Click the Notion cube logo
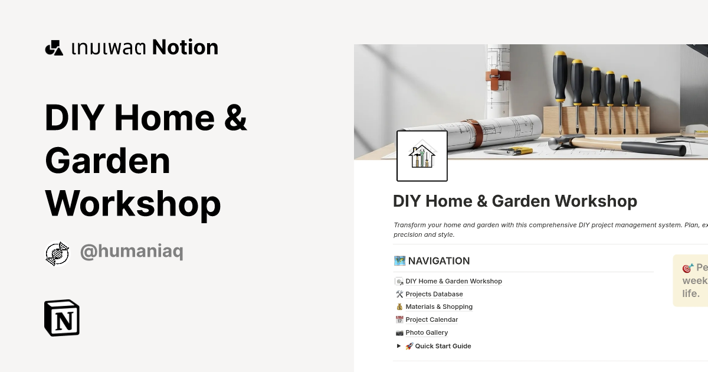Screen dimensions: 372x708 coord(62,318)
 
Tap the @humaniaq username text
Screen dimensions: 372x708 coord(132,252)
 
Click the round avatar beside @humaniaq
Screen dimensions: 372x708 coord(57,253)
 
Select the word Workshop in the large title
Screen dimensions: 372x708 coord(133,203)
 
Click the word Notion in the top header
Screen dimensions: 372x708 coord(185,47)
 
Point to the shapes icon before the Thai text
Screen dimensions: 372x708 coord(54,48)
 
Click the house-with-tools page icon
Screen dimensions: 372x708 coord(422,156)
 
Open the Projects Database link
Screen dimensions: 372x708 coord(434,294)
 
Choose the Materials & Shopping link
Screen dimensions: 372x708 coord(439,307)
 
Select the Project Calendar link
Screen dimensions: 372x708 coord(431,320)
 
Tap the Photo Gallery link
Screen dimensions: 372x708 coord(427,333)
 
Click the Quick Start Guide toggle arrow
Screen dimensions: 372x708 coord(399,346)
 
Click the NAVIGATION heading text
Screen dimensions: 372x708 coord(438,261)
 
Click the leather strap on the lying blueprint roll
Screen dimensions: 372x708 coord(474,133)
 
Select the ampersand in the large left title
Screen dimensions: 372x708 coord(235,118)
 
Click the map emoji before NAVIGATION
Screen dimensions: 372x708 coord(399,261)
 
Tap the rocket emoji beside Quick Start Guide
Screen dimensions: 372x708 coord(409,346)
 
